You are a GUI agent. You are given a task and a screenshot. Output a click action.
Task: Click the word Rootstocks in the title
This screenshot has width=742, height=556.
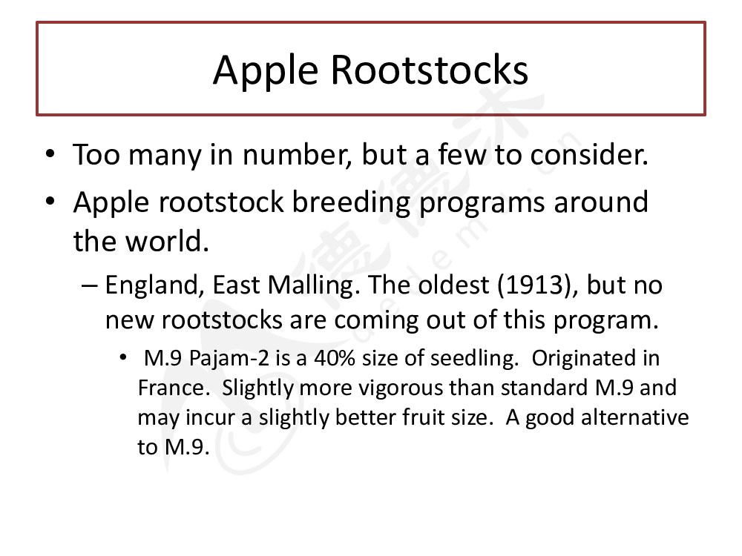(x=429, y=70)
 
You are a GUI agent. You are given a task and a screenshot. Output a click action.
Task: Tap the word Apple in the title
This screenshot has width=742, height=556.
(x=266, y=72)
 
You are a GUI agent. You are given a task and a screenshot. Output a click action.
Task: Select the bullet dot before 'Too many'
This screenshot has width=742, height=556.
(x=50, y=154)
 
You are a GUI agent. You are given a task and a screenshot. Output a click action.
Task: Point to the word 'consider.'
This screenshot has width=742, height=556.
(x=589, y=155)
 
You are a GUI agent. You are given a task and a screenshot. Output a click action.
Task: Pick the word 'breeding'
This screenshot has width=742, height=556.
(x=351, y=202)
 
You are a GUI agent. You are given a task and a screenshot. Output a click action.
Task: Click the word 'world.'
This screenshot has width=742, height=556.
(x=167, y=241)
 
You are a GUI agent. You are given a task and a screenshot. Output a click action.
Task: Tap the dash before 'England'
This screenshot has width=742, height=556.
(x=90, y=285)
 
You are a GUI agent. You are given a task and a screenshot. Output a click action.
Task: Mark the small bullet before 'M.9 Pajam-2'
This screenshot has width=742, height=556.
(x=123, y=357)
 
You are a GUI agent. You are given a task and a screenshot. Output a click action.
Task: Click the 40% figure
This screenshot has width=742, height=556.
(x=335, y=358)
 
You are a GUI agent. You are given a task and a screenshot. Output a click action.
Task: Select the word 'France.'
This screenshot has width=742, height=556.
(x=174, y=388)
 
